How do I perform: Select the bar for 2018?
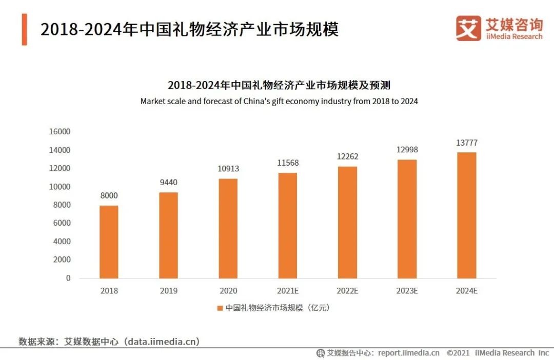point(109,242)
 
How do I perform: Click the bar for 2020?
point(228,229)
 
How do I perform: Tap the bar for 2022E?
point(347,223)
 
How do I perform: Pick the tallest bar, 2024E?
point(467,215)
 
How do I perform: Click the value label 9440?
point(169,182)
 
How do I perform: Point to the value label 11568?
point(288,163)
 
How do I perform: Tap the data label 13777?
point(467,143)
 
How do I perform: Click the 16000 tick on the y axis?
point(60,132)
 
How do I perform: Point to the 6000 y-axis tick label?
point(62,223)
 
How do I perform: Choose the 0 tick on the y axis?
point(68,278)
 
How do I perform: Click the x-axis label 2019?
point(169,291)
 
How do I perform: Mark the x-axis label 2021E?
point(288,291)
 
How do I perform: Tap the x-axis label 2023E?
point(407,291)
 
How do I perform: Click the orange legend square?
point(220,308)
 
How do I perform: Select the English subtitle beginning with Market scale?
point(279,102)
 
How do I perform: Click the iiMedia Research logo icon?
point(468,28)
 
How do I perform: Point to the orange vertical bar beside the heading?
point(24,29)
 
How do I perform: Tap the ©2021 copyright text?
point(459,353)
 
